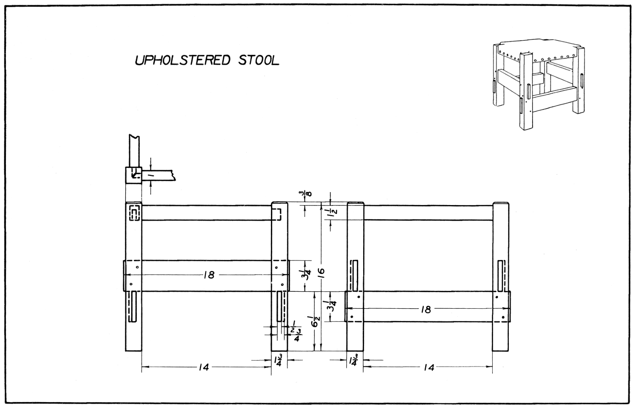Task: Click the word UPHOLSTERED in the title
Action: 182,60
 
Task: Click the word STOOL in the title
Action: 259,60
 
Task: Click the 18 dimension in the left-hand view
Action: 209,275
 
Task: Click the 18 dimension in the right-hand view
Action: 425,309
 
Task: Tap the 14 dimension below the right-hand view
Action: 428,367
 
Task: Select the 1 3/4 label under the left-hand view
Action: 278,360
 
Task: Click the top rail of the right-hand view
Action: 428,213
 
